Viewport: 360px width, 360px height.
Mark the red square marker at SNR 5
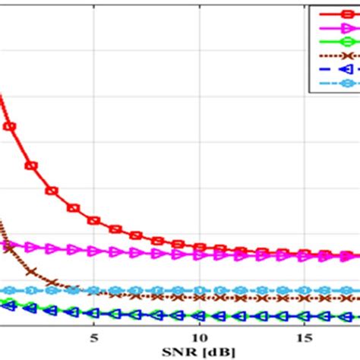[x=94, y=220]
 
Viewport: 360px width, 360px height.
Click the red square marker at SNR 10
[x=198, y=247]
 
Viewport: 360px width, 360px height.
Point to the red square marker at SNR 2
[x=32, y=165]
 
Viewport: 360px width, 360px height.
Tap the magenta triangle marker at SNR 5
[x=94, y=250]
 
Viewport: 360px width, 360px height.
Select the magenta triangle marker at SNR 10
[x=198, y=254]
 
